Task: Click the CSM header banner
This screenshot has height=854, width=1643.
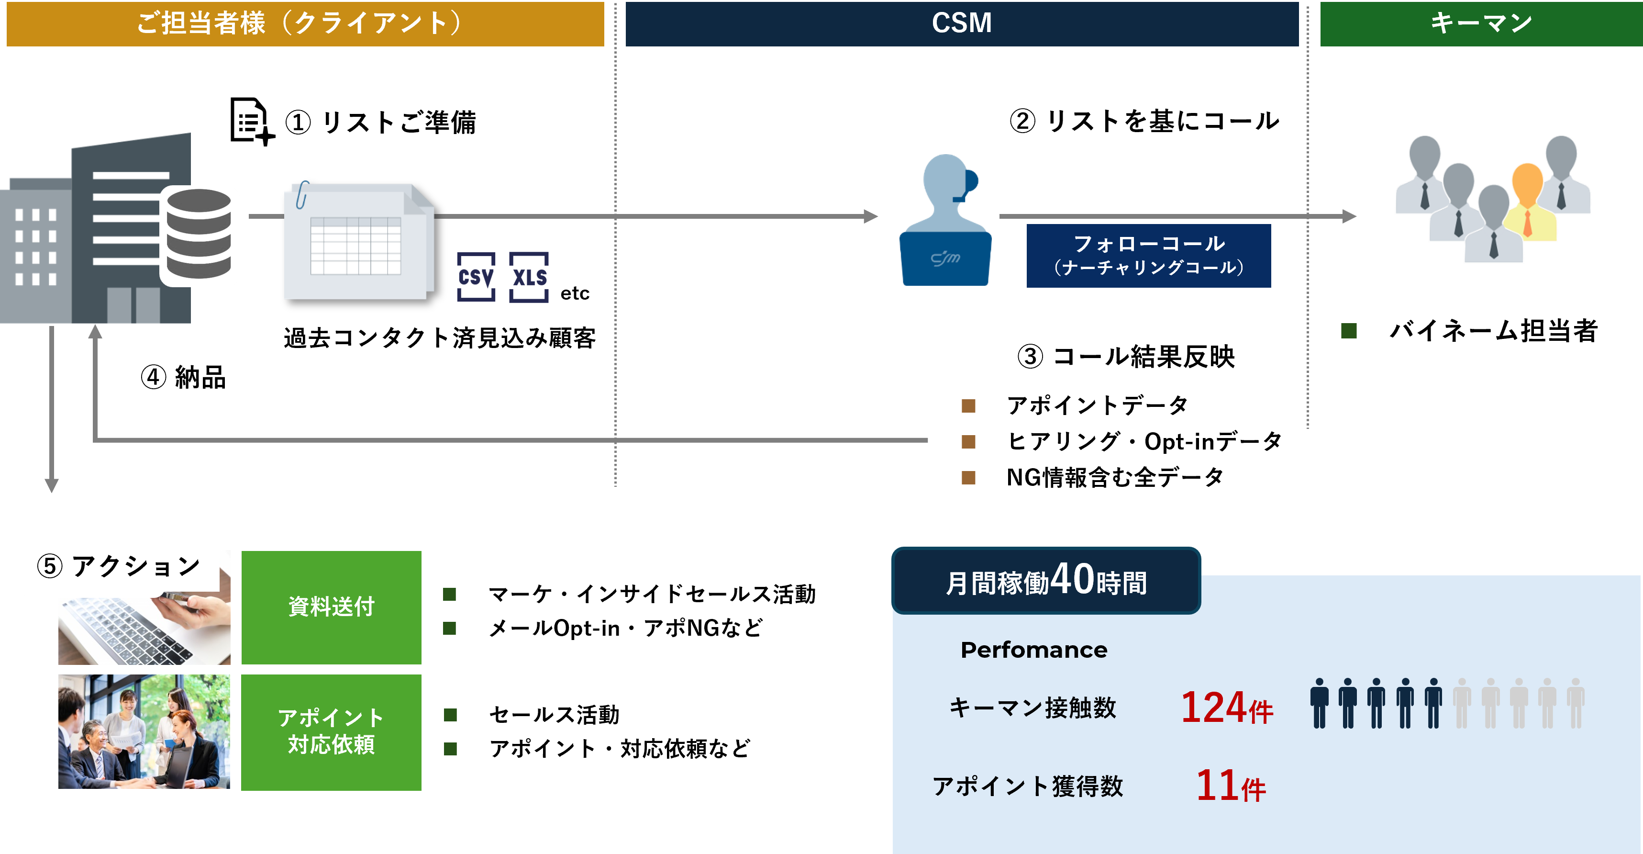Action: coord(961,23)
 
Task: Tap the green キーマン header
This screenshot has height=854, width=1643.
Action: coord(1481,23)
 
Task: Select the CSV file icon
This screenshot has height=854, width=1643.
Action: coord(476,277)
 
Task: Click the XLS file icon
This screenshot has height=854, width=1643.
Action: coord(529,277)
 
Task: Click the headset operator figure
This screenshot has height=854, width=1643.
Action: coord(945,220)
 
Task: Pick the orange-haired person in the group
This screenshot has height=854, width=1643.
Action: coord(1528,202)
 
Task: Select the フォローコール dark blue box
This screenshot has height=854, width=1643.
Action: coord(1148,255)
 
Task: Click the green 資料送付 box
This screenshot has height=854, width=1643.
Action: coord(331,607)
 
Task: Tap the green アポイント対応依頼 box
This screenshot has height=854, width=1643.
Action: coord(331,732)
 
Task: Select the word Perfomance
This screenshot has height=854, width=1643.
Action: coord(1034,650)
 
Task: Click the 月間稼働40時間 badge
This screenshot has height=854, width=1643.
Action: coord(1046,580)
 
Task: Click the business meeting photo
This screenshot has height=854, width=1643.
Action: coord(144,732)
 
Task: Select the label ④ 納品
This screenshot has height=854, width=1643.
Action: coord(184,377)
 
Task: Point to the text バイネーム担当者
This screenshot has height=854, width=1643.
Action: coord(1493,331)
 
